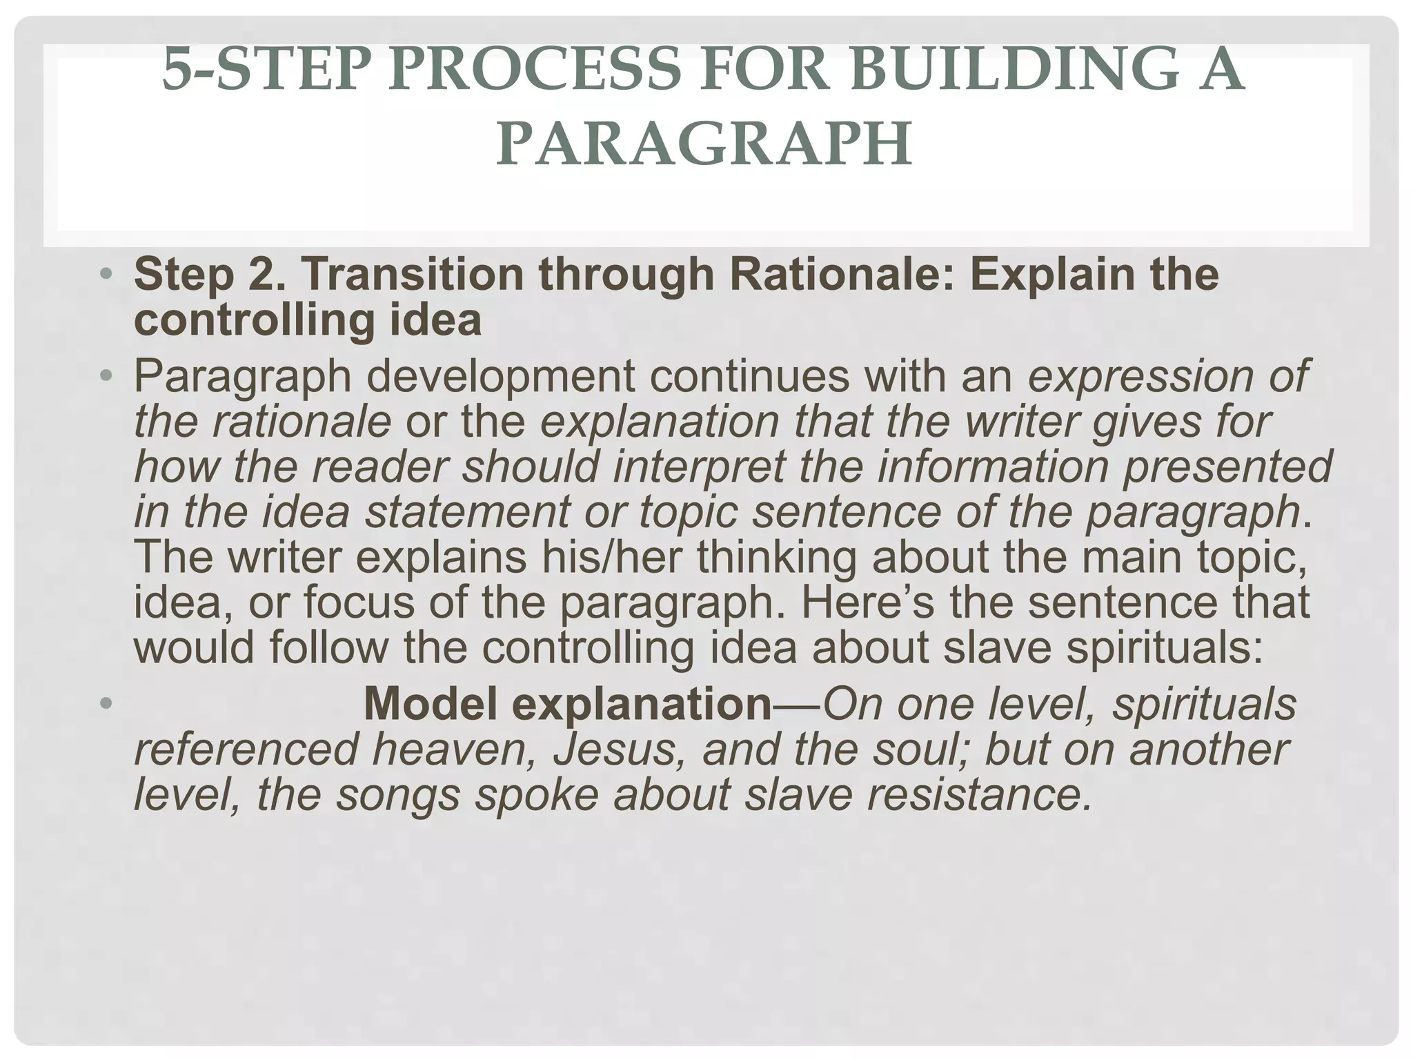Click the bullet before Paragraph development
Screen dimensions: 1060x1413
pos(105,377)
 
